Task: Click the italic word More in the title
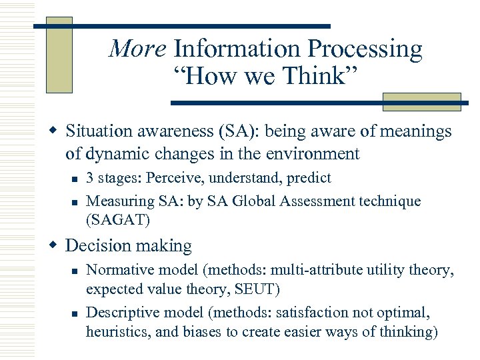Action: [137, 49]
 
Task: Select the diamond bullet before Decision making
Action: [56, 246]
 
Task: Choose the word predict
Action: [309, 179]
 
